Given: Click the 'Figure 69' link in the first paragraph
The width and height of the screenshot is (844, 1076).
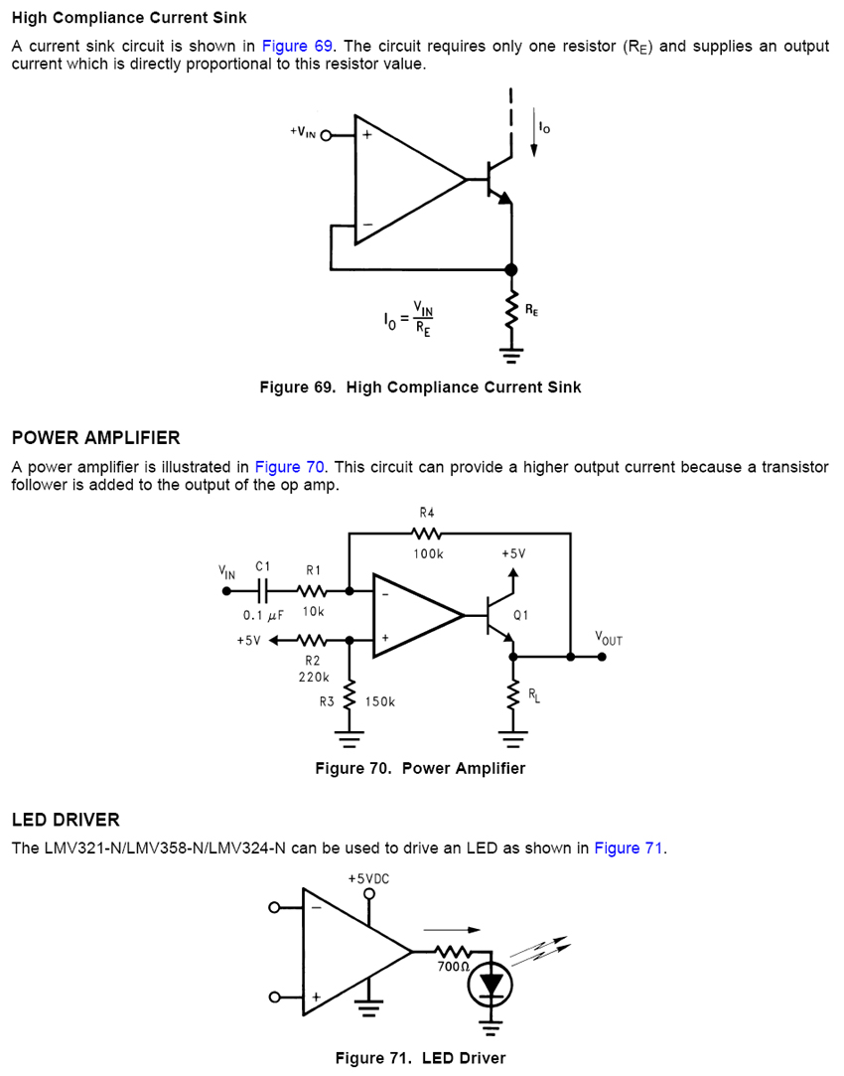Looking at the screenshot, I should (298, 47).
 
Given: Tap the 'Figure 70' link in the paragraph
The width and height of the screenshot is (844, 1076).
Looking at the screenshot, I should (290, 467).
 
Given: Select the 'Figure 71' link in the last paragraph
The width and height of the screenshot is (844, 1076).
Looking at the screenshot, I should (629, 847).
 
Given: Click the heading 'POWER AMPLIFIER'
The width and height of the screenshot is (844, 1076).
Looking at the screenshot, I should (95, 438).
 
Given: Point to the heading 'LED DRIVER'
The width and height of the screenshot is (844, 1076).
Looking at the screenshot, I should (66, 820).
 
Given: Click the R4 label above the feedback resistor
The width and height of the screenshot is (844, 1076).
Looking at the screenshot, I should (427, 513).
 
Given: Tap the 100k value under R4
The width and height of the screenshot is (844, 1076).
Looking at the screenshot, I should (428, 553).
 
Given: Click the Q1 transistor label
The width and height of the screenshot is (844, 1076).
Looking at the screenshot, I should (521, 615).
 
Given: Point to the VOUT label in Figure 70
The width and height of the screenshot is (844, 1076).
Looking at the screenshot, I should (608, 638).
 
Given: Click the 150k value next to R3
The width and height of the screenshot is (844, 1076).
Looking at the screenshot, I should (379, 701).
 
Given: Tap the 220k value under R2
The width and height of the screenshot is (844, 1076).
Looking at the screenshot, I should (313, 677).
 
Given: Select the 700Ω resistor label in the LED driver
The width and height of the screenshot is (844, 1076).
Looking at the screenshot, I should (453, 966).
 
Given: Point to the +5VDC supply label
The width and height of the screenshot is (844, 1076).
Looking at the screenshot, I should (369, 878).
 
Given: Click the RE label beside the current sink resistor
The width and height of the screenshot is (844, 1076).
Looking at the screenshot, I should (532, 310).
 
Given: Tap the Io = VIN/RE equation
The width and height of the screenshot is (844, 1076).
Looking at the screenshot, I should (410, 321).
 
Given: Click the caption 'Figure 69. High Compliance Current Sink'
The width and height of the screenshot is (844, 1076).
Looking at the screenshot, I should (420, 386).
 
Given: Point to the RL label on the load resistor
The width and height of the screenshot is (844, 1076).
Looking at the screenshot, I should (533, 694).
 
